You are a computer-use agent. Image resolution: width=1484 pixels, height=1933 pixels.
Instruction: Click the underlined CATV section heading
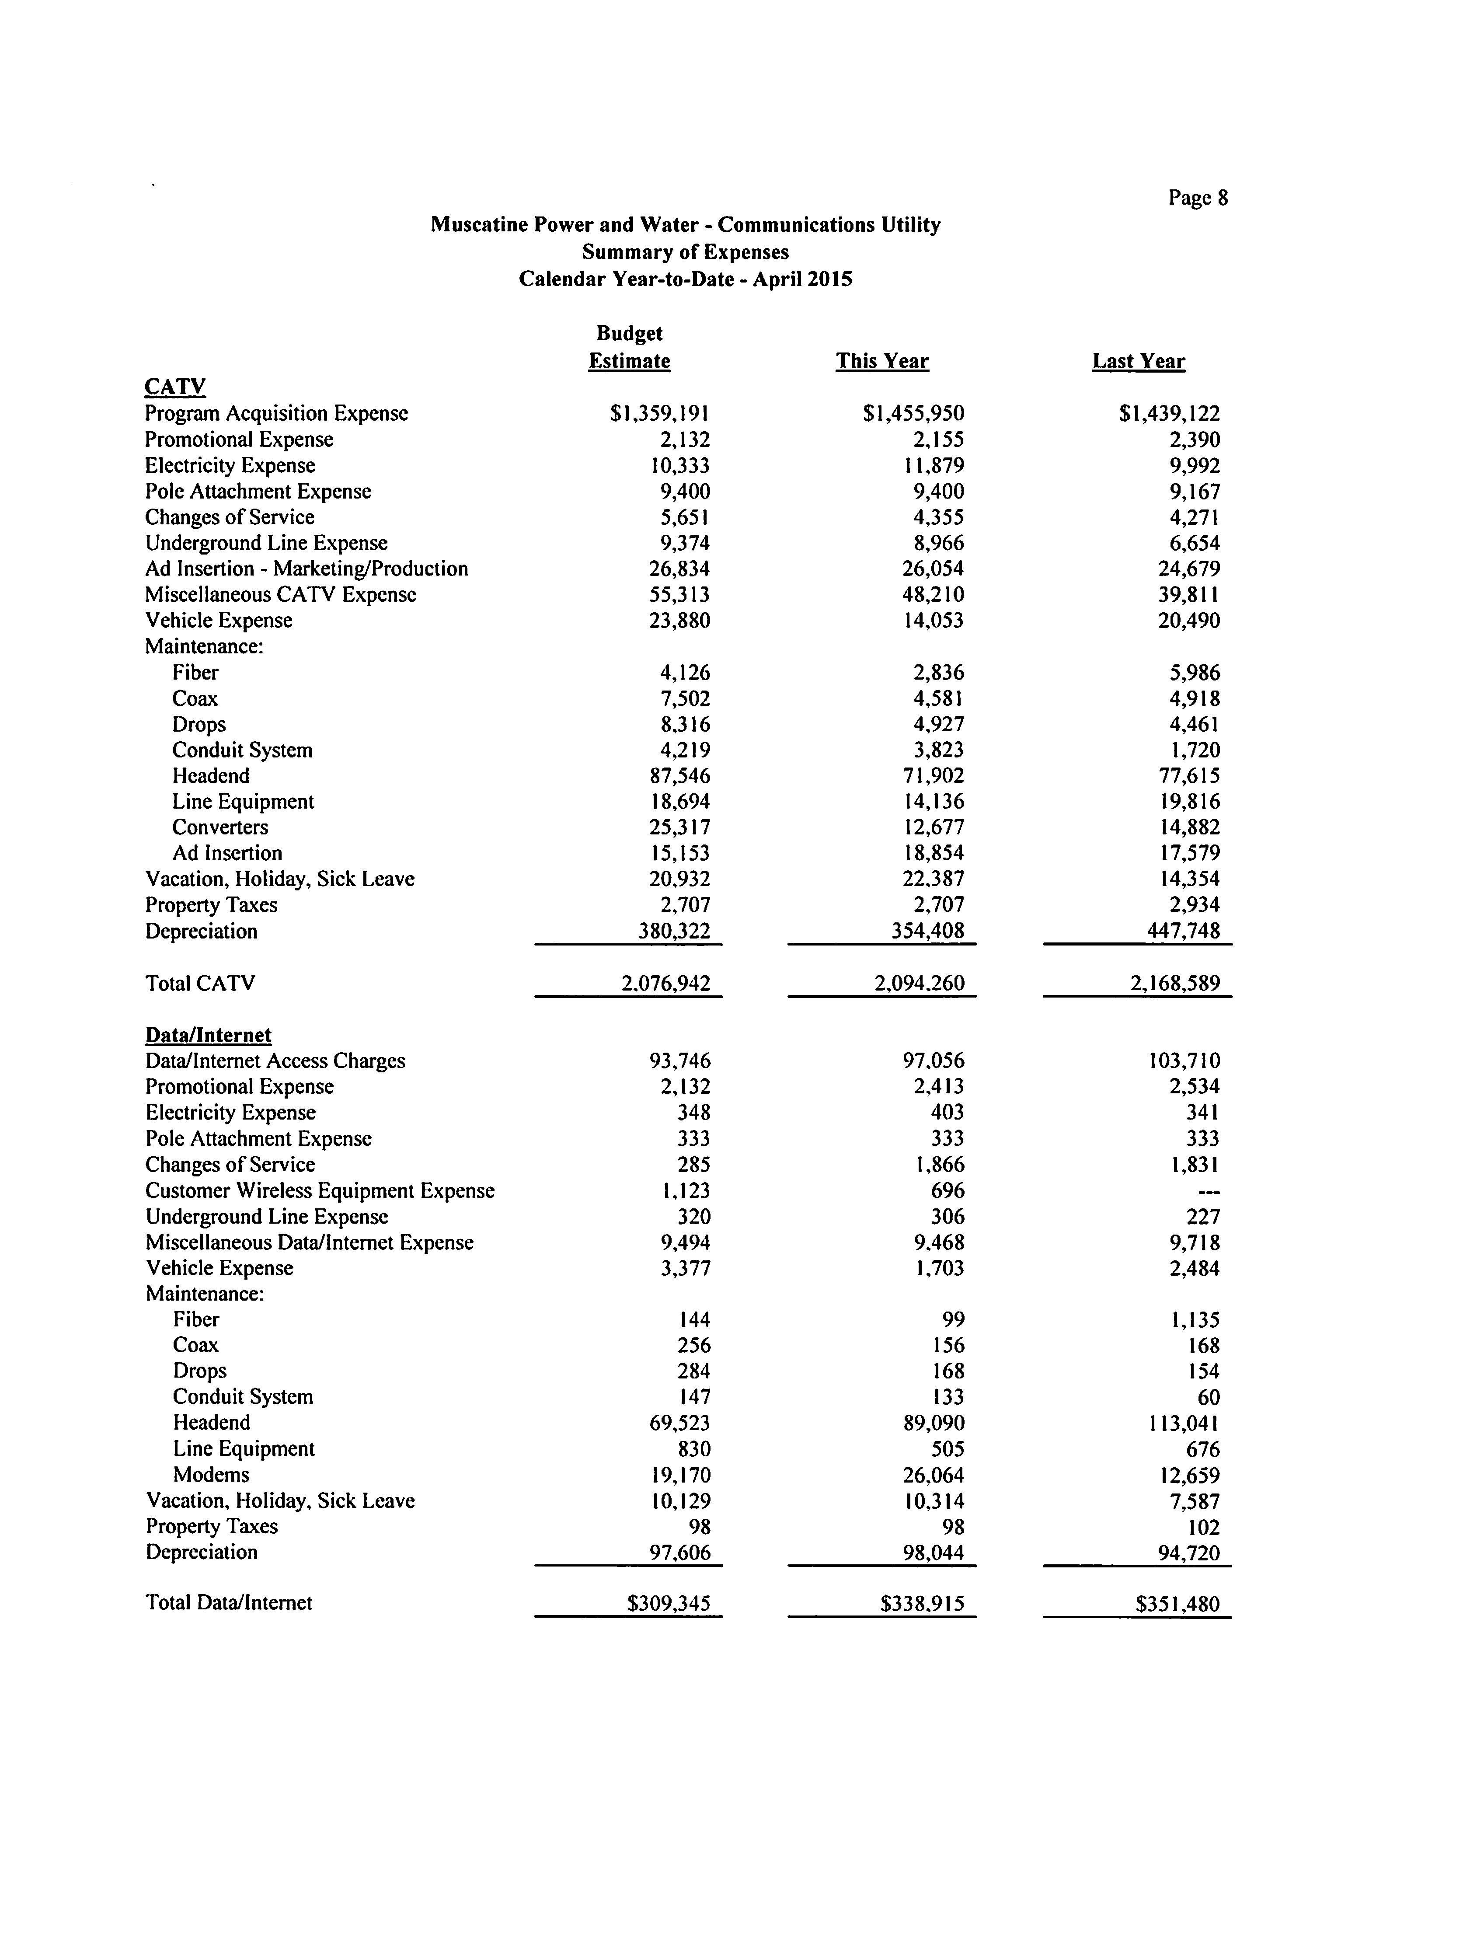pos(175,387)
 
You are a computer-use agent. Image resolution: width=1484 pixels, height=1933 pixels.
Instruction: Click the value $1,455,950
pos(913,413)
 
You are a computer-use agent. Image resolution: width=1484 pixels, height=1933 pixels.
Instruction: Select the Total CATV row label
pos(201,983)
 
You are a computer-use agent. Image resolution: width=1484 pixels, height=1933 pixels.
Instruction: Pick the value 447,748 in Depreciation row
pos(1184,931)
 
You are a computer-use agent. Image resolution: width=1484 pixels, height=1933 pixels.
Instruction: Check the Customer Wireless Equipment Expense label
pos(320,1191)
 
